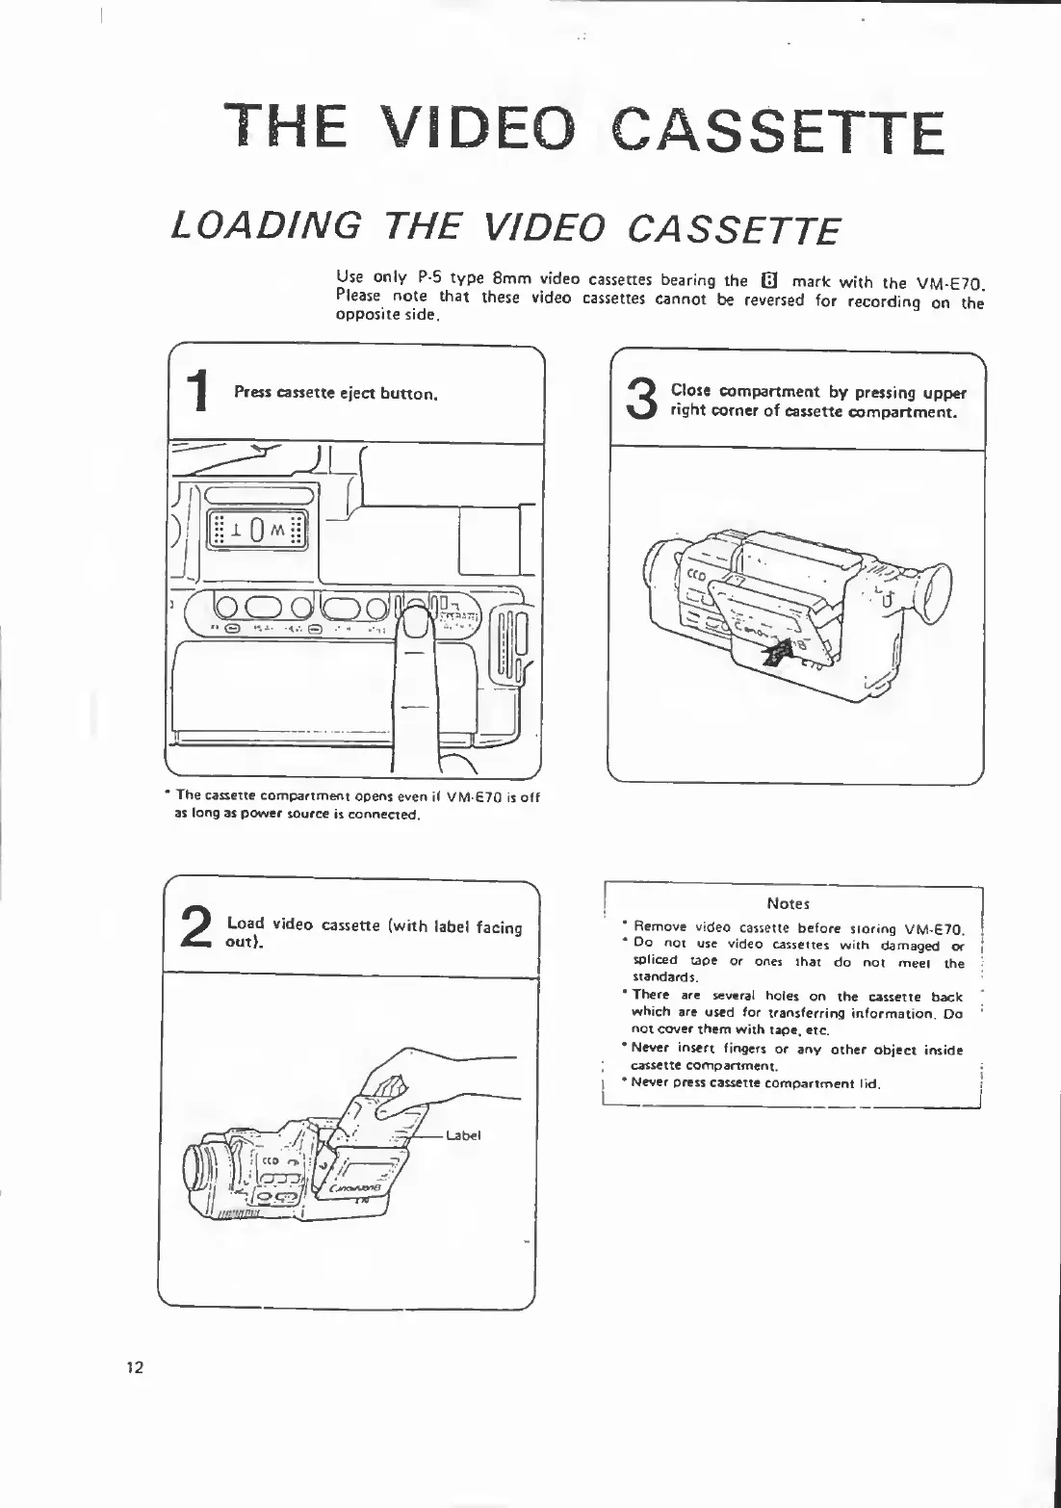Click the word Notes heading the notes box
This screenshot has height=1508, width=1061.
(789, 903)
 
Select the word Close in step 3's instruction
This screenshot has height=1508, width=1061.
(690, 392)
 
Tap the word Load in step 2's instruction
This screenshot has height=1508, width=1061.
(246, 923)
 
